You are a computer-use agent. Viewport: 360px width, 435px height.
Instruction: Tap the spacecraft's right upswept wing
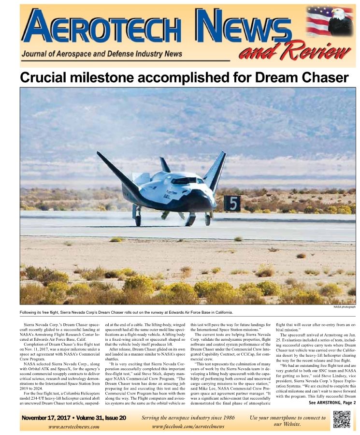[x=216, y=169]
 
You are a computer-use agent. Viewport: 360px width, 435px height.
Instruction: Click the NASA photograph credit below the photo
[x=344, y=307]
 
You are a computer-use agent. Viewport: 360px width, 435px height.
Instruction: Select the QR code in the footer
[x=342, y=419]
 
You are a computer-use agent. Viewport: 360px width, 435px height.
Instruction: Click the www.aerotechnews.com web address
[x=74, y=426]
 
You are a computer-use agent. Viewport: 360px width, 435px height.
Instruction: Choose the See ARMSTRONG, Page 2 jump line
[x=332, y=402]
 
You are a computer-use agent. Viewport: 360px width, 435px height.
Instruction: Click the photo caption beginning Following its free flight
[x=126, y=312]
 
